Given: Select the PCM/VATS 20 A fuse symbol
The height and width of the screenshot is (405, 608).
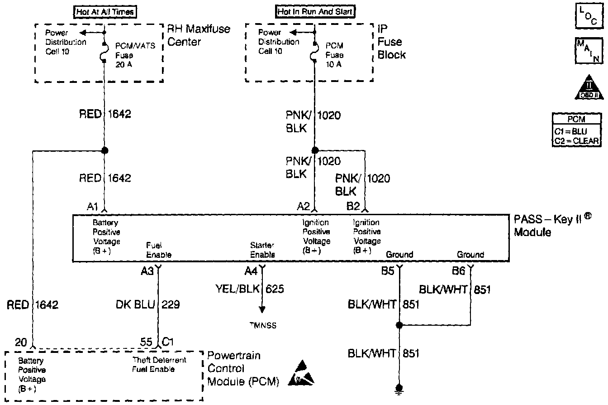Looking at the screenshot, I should pos(104,56).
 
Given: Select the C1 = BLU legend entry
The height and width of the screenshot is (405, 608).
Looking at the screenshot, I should pos(570,132).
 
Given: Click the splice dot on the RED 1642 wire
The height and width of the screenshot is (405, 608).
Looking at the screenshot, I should pos(104,150).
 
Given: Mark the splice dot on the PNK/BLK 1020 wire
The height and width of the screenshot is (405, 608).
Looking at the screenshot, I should pos(314,150).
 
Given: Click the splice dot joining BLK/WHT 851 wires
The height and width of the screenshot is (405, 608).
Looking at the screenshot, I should pos(399,325).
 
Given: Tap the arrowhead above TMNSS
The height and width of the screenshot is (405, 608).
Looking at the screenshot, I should pos(262,310).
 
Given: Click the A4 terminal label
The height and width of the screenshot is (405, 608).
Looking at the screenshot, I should pos(251,271).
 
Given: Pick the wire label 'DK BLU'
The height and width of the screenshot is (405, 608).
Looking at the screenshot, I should pos(135,304).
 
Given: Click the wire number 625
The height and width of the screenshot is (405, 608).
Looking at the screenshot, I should pos(275,289).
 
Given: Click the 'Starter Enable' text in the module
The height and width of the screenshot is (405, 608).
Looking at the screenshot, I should pos(263,250).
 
